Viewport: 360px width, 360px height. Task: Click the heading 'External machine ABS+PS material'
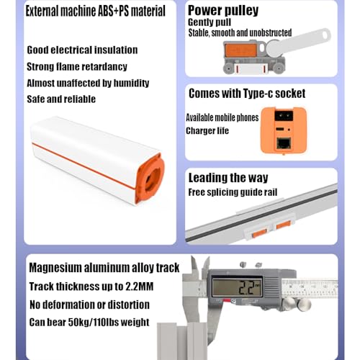click(x=95, y=11)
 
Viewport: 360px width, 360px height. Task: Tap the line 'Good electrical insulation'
click(x=82, y=50)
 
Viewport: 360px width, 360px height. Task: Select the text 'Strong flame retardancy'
click(x=77, y=66)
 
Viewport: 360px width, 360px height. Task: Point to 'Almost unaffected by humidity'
click(x=86, y=82)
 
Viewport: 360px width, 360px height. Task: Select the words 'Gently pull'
click(x=210, y=23)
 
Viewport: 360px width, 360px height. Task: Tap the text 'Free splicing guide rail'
click(x=232, y=192)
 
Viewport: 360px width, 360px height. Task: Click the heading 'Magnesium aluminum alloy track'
click(x=104, y=269)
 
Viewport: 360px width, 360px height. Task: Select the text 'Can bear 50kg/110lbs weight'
click(x=89, y=322)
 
